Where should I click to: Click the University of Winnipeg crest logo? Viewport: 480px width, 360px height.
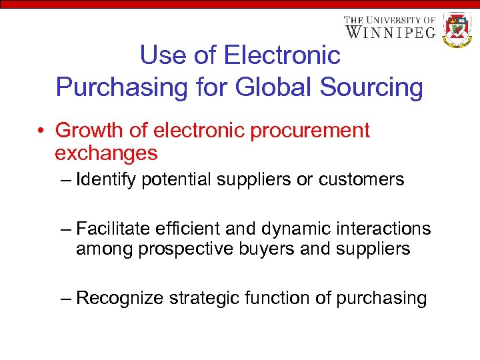pyautogui.click(x=457, y=29)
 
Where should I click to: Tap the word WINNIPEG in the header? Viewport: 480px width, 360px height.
pyautogui.click(x=391, y=31)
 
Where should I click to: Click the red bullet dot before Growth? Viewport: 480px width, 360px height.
pyautogui.click(x=41, y=131)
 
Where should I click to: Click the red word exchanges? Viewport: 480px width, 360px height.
pyautogui.click(x=106, y=153)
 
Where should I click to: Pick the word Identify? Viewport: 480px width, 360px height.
pyautogui.click(x=107, y=179)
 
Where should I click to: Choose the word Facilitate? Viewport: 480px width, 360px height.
pyautogui.click(x=115, y=229)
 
